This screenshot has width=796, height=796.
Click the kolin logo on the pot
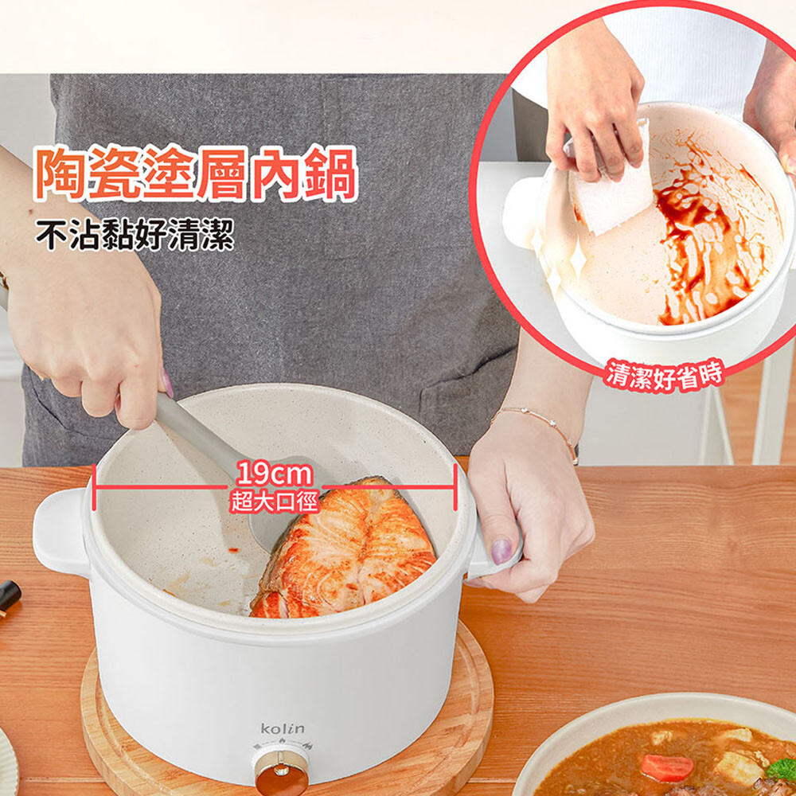283,729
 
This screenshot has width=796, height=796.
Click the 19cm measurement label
274,474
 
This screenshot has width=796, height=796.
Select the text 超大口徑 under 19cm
274,502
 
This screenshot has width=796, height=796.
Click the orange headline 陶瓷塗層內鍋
196,173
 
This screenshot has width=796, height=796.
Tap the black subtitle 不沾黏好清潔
135,235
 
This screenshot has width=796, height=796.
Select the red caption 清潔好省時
664,375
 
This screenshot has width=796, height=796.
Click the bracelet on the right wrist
538,427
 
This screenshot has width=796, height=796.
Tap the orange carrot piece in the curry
666,767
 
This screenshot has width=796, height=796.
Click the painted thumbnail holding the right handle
501,551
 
